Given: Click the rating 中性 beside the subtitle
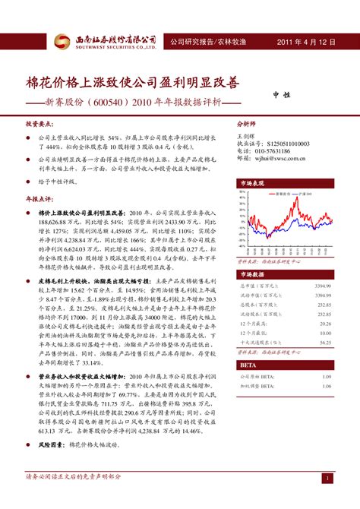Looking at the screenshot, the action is (x=283, y=96).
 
